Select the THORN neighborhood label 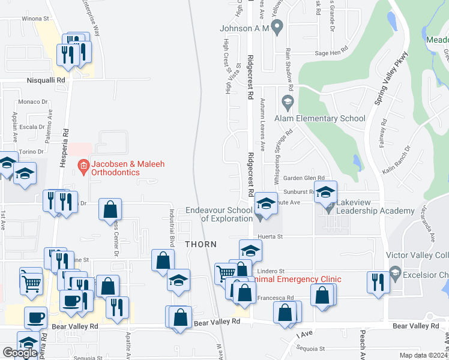(x=200, y=244)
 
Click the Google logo (x=20, y=353)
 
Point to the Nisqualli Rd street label (x=45, y=79)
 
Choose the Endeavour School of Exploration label (x=218, y=214)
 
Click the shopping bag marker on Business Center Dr (x=110, y=209)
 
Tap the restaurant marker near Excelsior (x=378, y=282)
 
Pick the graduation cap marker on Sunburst (x=325, y=192)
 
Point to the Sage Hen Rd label (x=331, y=53)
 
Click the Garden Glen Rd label (x=304, y=178)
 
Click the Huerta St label (x=270, y=237)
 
